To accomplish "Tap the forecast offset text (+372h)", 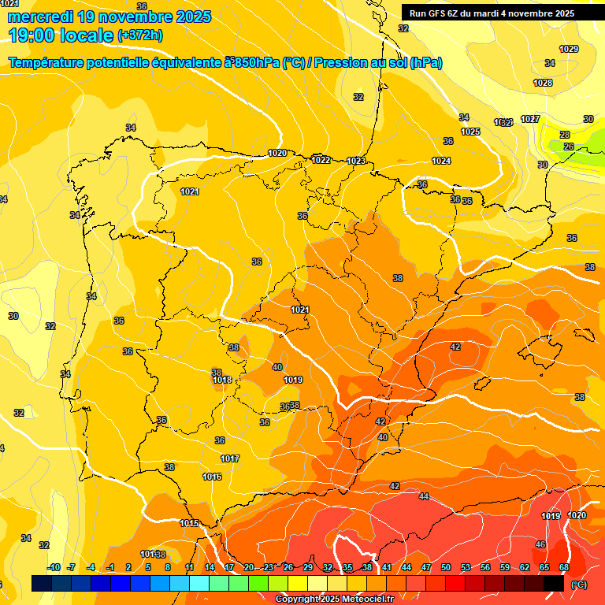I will click(x=139, y=35).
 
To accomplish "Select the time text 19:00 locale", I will click(x=61, y=35).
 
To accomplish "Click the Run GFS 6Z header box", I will click(x=492, y=13).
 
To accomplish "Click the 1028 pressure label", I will click(x=543, y=83).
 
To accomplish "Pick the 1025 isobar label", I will click(x=470, y=132).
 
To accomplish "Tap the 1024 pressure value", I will click(x=441, y=161).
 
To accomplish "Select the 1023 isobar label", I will click(x=356, y=161).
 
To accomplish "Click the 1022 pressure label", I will click(x=321, y=160).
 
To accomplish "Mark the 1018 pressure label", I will click(x=222, y=380).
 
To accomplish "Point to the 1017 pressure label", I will click(x=230, y=458).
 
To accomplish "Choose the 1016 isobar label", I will click(x=212, y=477).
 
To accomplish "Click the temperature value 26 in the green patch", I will click(x=568, y=147).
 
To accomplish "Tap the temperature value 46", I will click(x=540, y=544).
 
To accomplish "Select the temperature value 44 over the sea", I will click(x=424, y=496).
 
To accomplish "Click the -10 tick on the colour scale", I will click(x=54, y=568).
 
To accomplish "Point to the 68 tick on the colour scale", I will click(x=564, y=568).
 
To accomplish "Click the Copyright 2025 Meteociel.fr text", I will click(x=333, y=599).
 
